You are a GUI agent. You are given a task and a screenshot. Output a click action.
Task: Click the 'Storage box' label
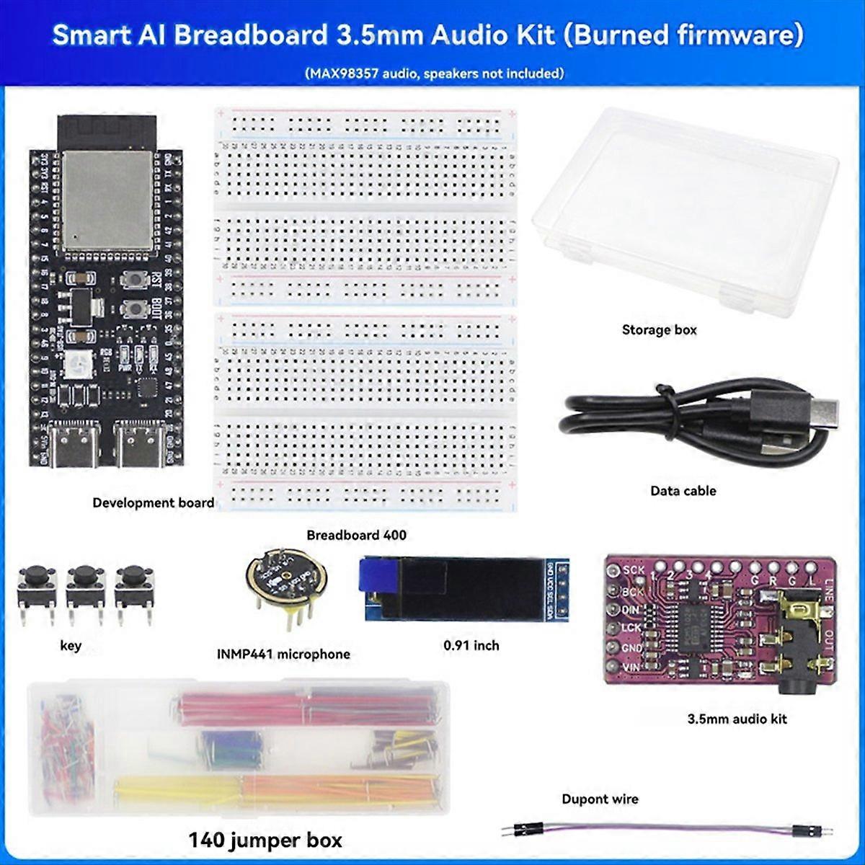[x=659, y=330]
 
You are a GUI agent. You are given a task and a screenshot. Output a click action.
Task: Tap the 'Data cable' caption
[x=683, y=491]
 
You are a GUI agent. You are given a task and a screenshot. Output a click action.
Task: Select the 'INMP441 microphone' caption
[x=283, y=655]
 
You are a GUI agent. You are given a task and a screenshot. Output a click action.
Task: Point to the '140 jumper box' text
[x=265, y=840]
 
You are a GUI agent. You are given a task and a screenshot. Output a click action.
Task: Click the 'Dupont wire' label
[x=600, y=799]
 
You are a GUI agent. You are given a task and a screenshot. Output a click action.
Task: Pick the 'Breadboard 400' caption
[x=356, y=535]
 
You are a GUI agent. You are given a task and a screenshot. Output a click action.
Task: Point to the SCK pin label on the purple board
[x=634, y=570]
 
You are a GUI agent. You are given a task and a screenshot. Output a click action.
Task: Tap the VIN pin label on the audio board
[x=631, y=667]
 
